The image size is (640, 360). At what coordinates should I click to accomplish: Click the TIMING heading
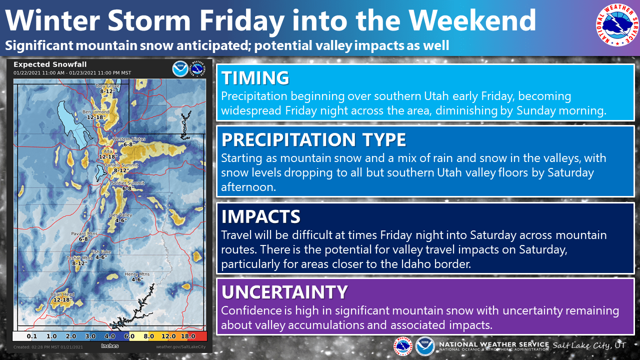pyautogui.click(x=255, y=77)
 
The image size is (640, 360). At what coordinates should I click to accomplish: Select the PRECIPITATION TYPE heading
pyautogui.click(x=313, y=139)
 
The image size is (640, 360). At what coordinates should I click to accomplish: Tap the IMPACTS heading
pyautogui.click(x=261, y=216)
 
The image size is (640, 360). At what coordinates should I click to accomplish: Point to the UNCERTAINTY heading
pyautogui.click(x=284, y=291)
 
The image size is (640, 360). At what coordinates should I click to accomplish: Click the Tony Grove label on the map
pyautogui.click(x=107, y=86)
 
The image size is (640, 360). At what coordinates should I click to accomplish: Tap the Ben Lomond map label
pyautogui.click(x=96, y=111)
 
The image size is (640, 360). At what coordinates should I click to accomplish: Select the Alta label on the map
pyautogui.click(x=107, y=151)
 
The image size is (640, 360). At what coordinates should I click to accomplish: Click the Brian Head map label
pyautogui.click(x=62, y=294)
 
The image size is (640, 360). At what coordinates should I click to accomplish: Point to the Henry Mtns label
pyautogui.click(x=137, y=274)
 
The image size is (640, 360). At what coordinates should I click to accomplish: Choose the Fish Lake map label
pyautogui.click(x=101, y=251)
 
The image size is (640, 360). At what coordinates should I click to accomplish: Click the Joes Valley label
pyautogui.click(x=120, y=215)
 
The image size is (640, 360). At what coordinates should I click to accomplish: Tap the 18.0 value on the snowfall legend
pyautogui.click(x=188, y=336)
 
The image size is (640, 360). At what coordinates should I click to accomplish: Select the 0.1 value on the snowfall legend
pyautogui.click(x=32, y=336)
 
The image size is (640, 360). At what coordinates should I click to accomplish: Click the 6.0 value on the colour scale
pyautogui.click(x=129, y=336)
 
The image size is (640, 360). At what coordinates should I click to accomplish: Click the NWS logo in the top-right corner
pyautogui.click(x=617, y=25)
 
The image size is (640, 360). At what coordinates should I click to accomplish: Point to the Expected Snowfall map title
pyautogui.click(x=50, y=64)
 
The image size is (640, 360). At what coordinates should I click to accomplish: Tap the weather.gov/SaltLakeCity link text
pyautogui.click(x=180, y=347)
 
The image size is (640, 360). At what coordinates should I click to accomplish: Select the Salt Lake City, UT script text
pyautogui.click(x=589, y=345)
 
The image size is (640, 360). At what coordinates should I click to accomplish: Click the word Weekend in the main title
pyautogui.click(x=472, y=20)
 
